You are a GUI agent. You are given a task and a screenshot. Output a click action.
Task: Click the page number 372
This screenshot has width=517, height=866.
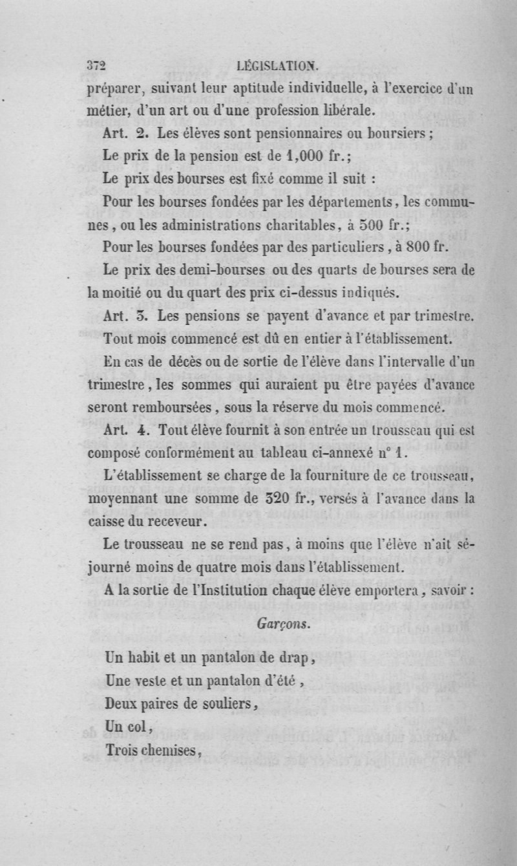pyautogui.click(x=96, y=65)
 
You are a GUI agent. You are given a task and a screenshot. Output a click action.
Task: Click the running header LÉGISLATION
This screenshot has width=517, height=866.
pyautogui.click(x=278, y=65)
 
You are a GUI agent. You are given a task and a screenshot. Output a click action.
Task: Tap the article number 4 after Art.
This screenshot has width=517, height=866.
pyautogui.click(x=144, y=431)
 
